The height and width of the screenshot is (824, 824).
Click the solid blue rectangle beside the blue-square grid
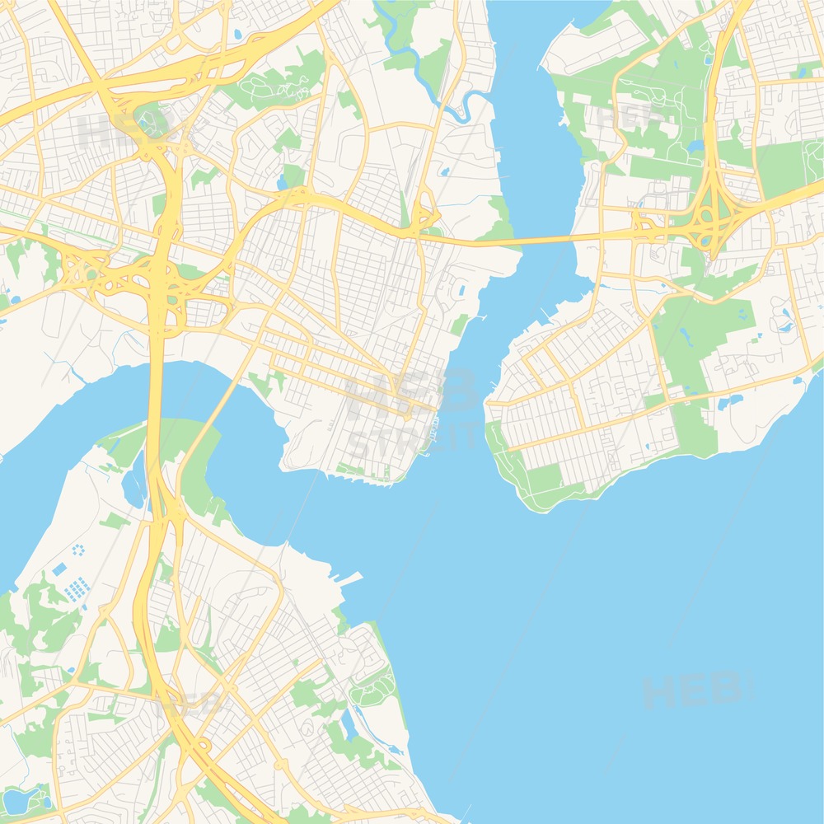(x=59, y=569)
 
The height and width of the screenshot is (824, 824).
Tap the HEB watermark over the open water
(x=692, y=691)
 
